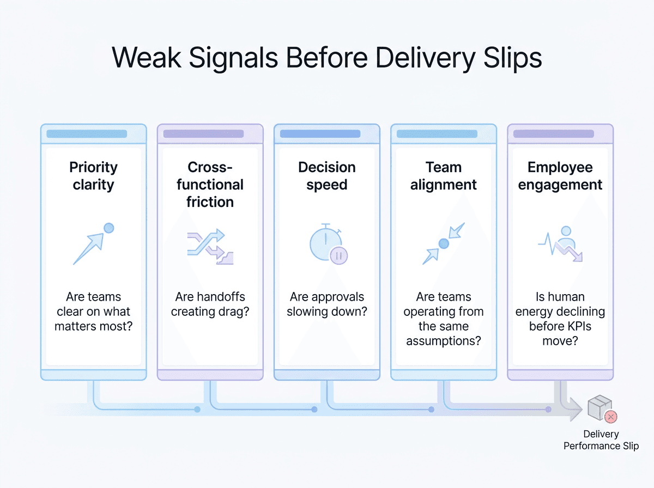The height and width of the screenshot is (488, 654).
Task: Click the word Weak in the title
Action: pos(147,58)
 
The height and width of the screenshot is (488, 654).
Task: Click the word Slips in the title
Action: pos(512,58)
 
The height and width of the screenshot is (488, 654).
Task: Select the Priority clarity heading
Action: pos(94,176)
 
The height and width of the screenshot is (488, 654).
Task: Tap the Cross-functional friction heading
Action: pos(210,184)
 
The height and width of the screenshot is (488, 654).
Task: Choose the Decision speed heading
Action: pos(327,176)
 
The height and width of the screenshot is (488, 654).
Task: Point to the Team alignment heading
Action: pos(443,176)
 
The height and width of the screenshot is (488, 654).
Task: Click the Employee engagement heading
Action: pos(560,176)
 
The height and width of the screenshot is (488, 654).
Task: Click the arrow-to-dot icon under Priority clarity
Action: pos(94,243)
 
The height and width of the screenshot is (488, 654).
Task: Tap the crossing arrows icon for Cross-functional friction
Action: pos(210,247)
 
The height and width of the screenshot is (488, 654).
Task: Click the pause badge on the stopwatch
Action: pos(338,256)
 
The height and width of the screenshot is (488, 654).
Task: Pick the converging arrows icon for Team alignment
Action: pos(443,243)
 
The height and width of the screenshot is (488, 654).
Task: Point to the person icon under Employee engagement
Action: pos(566,237)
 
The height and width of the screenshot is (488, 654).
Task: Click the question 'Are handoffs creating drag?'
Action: pos(210,304)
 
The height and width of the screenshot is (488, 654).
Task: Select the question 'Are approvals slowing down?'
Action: pos(327,304)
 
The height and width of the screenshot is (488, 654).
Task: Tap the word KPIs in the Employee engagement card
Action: pos(576,326)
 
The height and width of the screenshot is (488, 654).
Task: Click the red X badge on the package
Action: pos(610,417)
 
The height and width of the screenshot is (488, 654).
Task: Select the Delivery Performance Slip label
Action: pos(601,440)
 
